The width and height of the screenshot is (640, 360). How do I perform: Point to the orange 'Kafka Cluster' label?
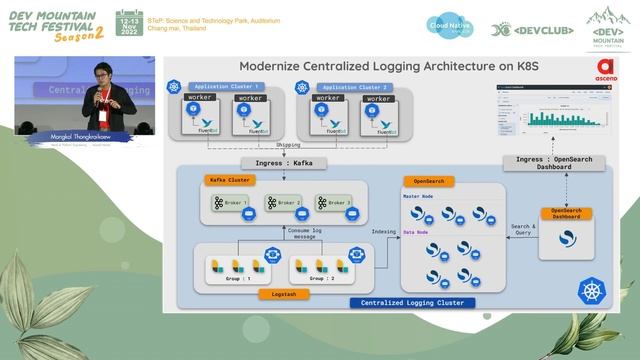click(229, 180)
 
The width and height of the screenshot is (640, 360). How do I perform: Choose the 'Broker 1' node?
click(231, 203)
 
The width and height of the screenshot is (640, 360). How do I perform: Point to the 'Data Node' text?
click(416, 232)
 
